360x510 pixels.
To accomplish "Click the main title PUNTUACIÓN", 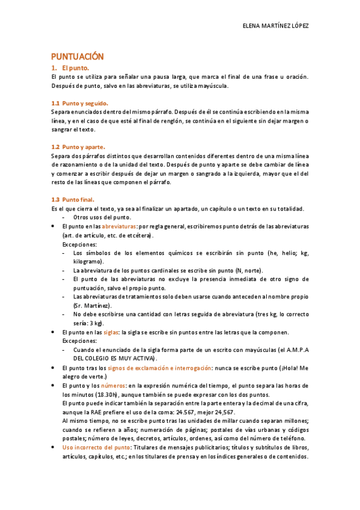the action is coord(77,57).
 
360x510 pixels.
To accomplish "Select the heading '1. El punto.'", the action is coord(70,69).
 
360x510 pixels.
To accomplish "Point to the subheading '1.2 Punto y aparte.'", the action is coord(78,147).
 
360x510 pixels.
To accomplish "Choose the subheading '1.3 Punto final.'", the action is coord(73,199).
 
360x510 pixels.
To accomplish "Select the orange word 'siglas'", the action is coord(111,332).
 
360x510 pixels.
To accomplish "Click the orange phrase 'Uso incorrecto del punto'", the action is coord(96,447).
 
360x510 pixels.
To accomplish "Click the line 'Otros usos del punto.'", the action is coord(102,217).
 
